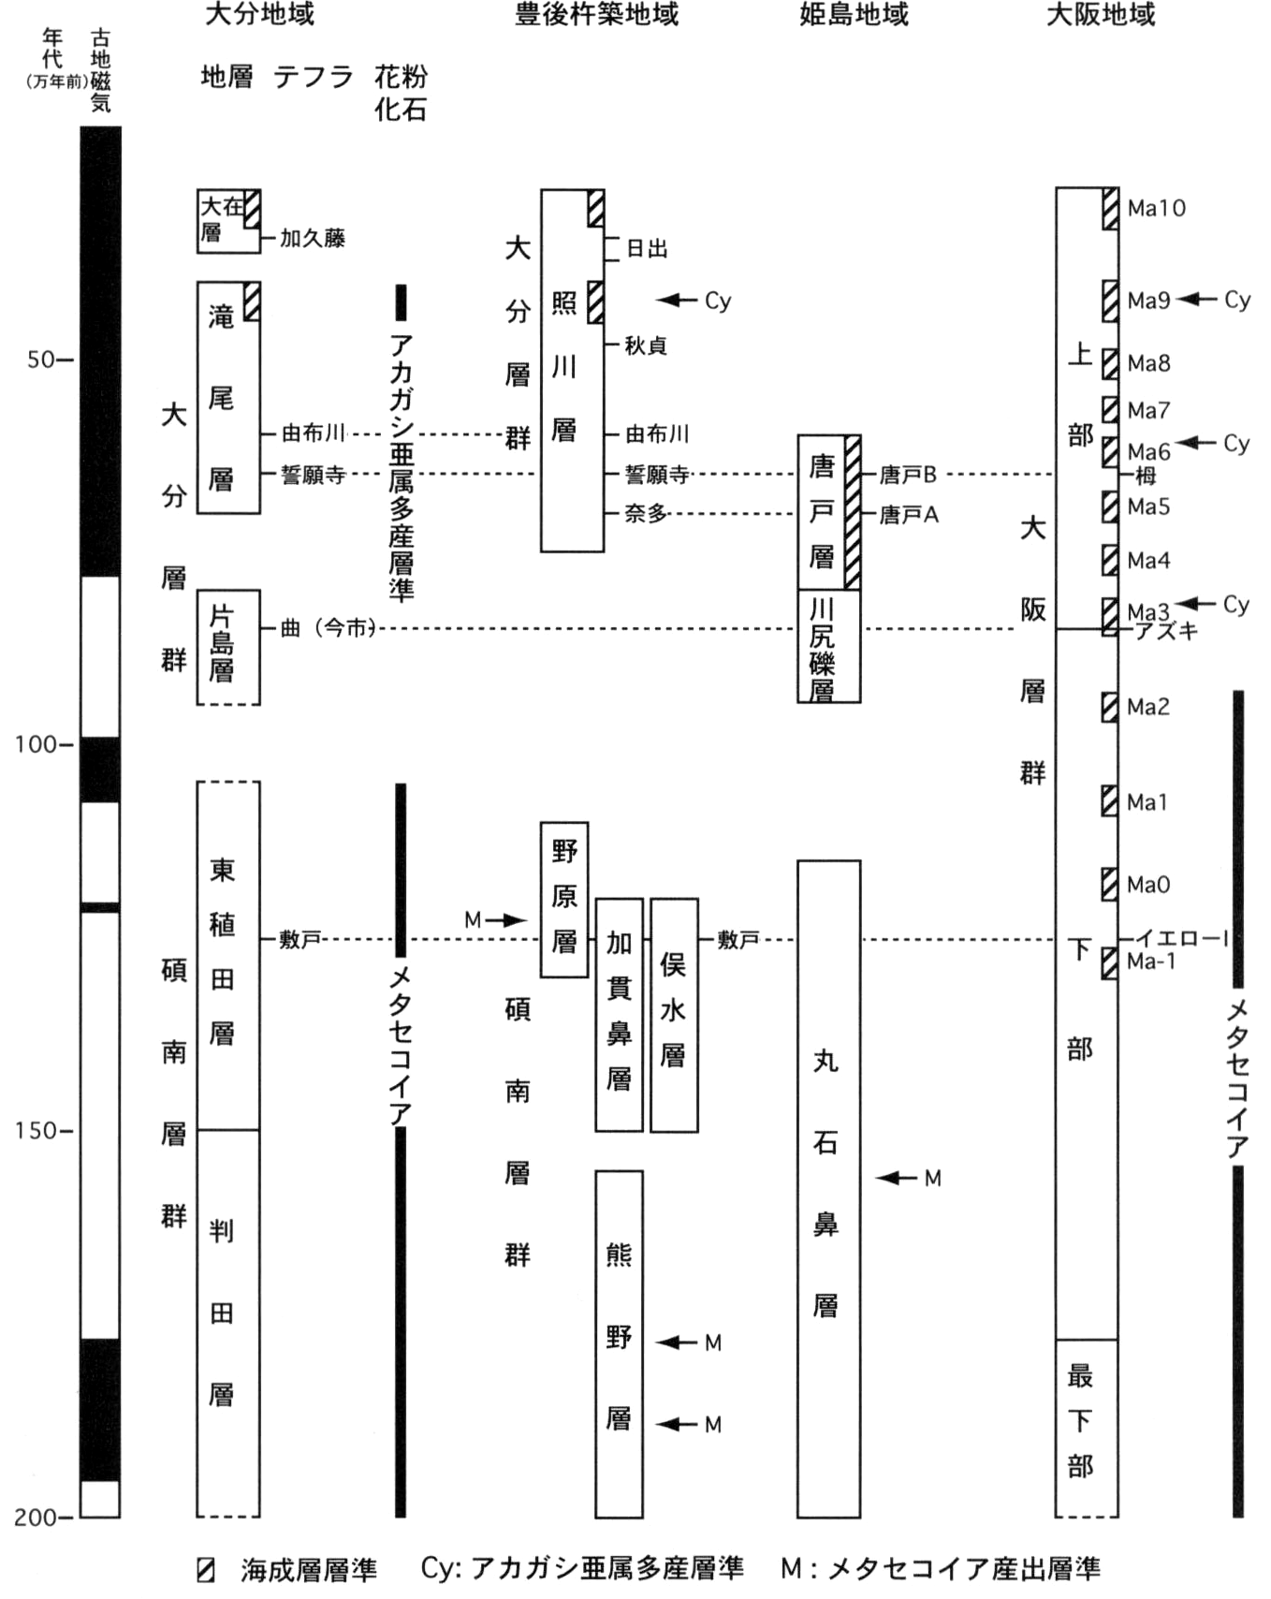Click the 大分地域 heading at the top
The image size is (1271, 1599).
click(x=259, y=14)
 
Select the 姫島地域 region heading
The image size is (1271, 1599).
click(x=854, y=14)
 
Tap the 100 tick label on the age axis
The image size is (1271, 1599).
click(x=35, y=744)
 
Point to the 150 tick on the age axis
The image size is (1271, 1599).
click(x=35, y=1131)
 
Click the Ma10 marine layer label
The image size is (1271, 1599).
click(x=1156, y=208)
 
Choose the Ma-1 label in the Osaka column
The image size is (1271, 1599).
click(x=1151, y=961)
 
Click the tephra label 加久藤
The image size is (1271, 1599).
click(x=313, y=238)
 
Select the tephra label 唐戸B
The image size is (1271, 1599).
click(x=908, y=475)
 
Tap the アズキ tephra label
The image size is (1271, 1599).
click(x=1166, y=631)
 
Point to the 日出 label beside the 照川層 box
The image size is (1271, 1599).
click(x=647, y=248)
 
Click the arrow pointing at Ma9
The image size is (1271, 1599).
click(x=1196, y=300)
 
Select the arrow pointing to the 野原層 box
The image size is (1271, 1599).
click(x=506, y=920)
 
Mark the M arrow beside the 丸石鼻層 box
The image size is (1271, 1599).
click(x=897, y=1178)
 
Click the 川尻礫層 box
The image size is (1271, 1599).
click(x=828, y=646)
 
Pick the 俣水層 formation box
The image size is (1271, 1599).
click(x=674, y=1015)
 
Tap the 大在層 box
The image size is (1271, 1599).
click(x=228, y=221)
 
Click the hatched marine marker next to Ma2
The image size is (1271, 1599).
click(x=1109, y=707)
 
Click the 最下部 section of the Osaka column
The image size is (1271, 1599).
click(x=1087, y=1428)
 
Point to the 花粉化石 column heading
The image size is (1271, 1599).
click(x=401, y=92)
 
